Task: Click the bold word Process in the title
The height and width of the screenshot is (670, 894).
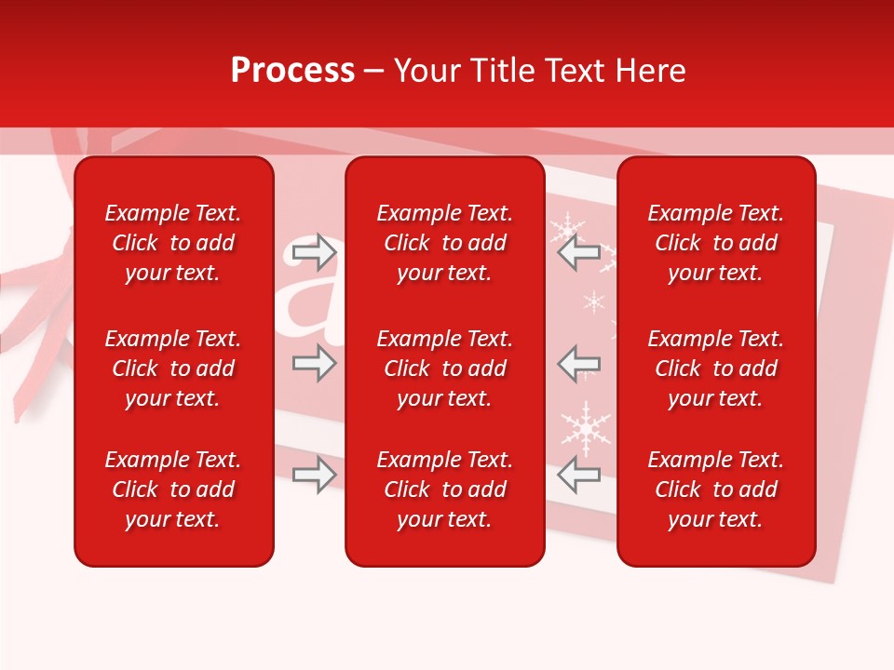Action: tap(292, 71)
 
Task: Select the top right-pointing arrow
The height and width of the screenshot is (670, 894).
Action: tap(314, 252)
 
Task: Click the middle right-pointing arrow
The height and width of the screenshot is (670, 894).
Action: tap(314, 363)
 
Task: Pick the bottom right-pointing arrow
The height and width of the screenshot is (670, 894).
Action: tap(314, 475)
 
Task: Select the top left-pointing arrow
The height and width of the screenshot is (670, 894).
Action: tap(578, 252)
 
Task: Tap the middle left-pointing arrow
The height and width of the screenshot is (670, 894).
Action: tap(578, 363)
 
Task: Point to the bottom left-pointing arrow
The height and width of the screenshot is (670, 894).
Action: tap(578, 475)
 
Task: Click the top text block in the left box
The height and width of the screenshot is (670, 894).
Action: tap(173, 243)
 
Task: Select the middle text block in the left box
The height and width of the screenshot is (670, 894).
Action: tap(173, 368)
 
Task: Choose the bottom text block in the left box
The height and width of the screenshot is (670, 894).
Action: tap(173, 489)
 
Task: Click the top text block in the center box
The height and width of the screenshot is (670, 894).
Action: tap(445, 243)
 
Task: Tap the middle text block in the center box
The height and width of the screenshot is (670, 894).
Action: tap(445, 368)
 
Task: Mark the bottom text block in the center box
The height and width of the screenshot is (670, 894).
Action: tap(445, 489)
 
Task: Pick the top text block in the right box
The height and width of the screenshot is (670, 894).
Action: tap(716, 243)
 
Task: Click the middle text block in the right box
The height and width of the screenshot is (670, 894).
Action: tap(716, 368)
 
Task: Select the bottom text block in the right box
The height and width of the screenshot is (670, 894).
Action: tap(716, 489)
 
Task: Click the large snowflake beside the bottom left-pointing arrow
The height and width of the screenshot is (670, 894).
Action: tap(585, 427)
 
